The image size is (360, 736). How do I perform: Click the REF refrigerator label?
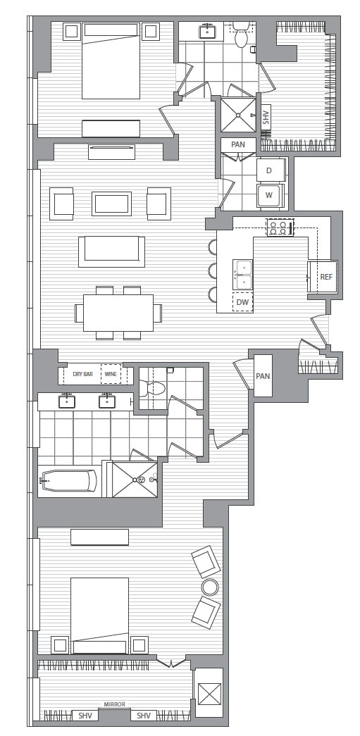(326, 277)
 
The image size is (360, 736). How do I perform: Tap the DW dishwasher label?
(242, 302)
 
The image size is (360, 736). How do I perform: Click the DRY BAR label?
(82, 375)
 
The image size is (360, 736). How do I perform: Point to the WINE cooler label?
(111, 375)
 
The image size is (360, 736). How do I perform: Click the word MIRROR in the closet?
(115, 704)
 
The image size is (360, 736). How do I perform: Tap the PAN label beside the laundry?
(238, 144)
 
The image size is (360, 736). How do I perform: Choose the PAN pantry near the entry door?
(263, 375)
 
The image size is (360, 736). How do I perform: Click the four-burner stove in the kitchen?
(280, 227)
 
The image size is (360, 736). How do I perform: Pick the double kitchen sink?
(242, 275)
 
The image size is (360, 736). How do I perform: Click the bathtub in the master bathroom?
(68, 480)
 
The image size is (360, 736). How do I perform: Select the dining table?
(118, 313)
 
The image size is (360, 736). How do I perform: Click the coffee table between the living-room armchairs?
(112, 204)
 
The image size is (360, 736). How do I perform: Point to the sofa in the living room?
(112, 251)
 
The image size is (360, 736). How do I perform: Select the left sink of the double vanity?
(66, 401)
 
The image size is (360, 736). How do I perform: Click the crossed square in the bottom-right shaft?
(209, 694)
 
